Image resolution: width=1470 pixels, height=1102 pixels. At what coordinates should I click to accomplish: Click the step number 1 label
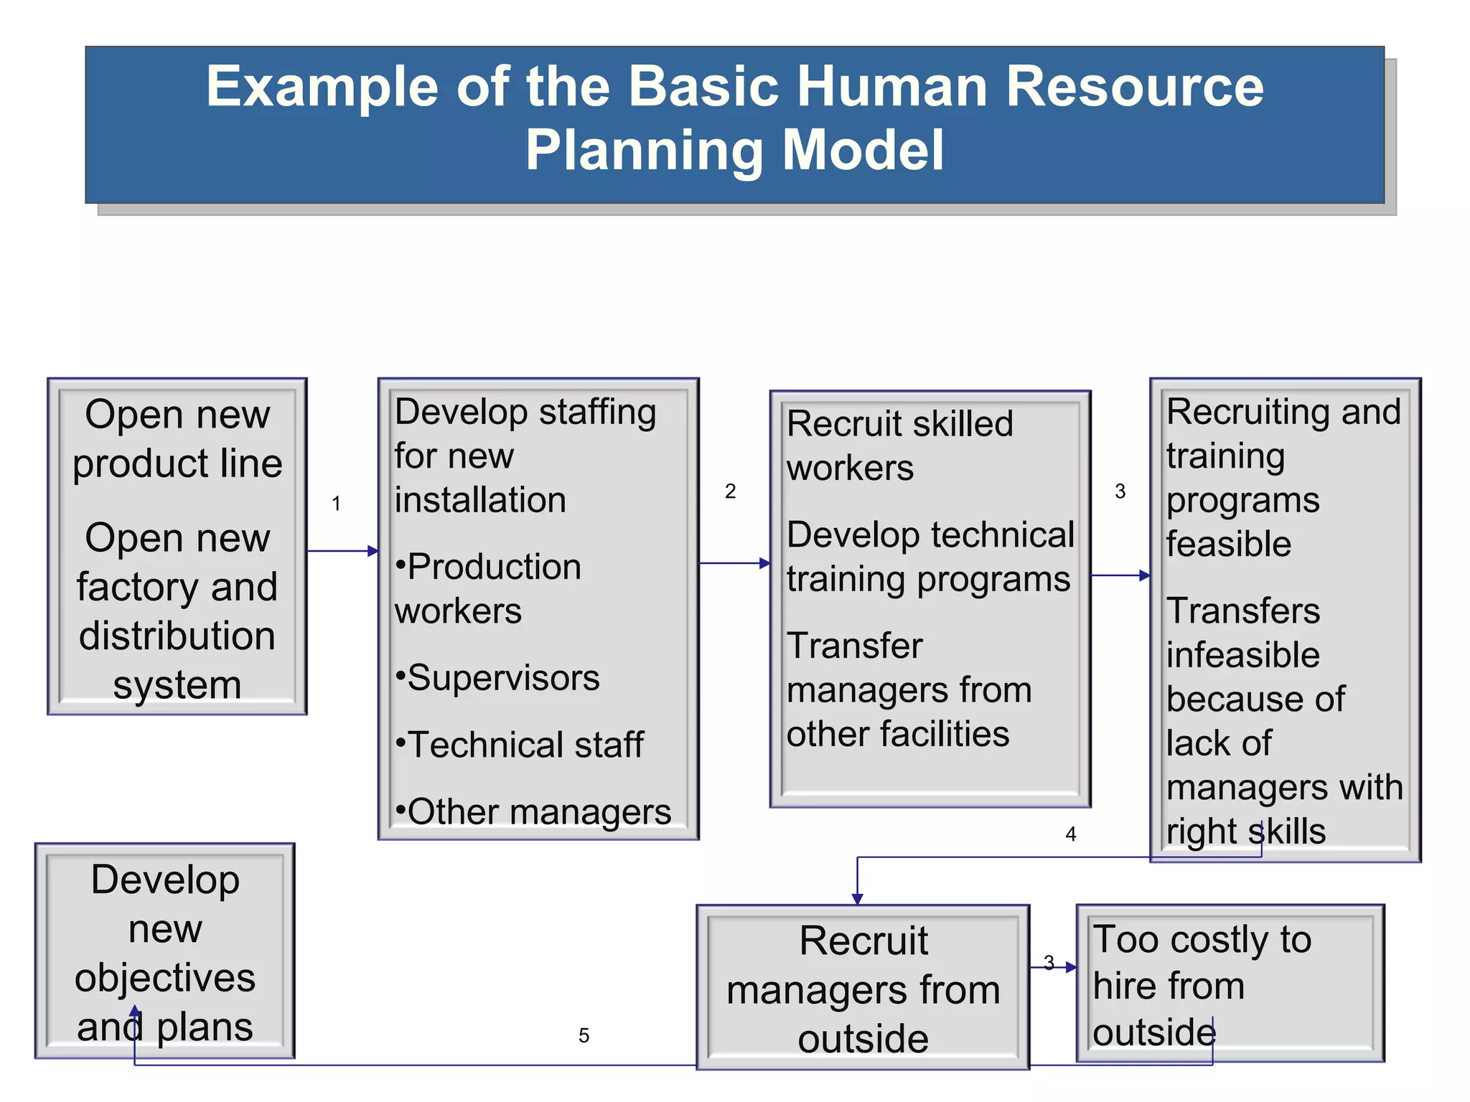[x=336, y=504]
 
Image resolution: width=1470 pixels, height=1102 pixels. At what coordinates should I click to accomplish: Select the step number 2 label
[x=730, y=491]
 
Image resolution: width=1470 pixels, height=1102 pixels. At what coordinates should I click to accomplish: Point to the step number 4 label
[x=1070, y=834]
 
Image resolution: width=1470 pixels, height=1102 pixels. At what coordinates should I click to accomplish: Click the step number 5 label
[x=584, y=1035]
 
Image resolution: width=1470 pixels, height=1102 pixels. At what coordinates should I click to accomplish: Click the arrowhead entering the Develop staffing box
[x=373, y=551]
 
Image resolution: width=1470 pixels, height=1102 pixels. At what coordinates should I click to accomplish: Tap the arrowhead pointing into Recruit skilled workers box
[x=765, y=563]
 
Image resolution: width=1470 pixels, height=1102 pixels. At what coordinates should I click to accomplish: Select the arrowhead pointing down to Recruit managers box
[x=857, y=899]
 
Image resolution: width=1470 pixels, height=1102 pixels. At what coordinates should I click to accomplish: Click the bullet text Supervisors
[x=502, y=678]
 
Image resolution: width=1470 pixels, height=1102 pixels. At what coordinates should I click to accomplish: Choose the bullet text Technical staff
[x=525, y=745]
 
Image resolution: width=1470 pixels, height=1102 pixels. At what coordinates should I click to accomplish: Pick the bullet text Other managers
[x=538, y=812]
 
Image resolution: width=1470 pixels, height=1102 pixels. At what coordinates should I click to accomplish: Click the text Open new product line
[x=177, y=438]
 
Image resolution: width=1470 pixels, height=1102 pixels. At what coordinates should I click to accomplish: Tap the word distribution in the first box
[x=177, y=636]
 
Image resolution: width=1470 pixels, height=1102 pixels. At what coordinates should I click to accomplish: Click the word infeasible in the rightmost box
[x=1242, y=655]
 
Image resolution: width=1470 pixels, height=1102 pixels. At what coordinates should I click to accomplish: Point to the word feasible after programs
[x=1228, y=544]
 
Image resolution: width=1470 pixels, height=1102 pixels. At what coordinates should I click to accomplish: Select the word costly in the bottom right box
[x=1219, y=939]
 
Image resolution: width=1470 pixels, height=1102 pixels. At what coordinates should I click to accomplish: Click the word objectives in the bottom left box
[x=165, y=978]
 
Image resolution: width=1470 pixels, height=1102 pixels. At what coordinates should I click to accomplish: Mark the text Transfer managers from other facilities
[x=908, y=689]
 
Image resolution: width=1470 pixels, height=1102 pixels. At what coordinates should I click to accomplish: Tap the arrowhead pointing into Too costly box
[x=1072, y=967]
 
